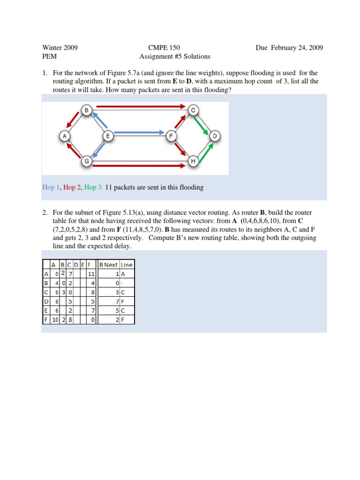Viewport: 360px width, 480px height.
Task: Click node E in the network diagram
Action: click(107, 136)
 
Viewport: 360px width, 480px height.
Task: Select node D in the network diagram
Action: click(215, 136)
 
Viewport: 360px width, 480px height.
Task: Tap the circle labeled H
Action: click(193, 161)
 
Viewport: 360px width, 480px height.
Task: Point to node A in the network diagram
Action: click(64, 136)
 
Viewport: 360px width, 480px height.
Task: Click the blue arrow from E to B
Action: click(99, 120)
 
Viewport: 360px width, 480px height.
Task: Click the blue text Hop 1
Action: click(51, 187)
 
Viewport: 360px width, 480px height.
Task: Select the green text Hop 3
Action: click(94, 187)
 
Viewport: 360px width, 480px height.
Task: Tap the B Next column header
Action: click(108, 265)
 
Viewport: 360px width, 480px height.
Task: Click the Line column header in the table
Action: click(127, 265)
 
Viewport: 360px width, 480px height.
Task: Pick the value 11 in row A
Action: click(91, 274)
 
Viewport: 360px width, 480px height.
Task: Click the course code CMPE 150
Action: click(164, 48)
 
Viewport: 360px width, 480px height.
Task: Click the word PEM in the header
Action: click(50, 57)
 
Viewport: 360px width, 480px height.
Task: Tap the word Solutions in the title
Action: click(196, 57)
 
